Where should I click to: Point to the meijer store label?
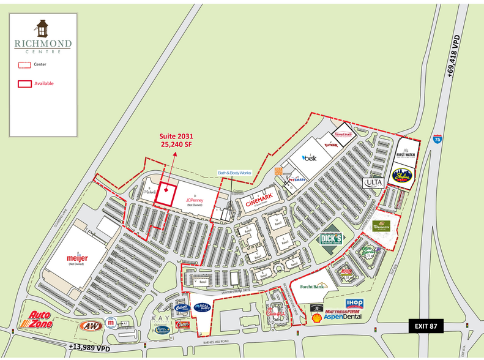(78, 258)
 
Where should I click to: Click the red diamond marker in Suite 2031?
(165, 191)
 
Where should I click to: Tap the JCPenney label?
(194, 200)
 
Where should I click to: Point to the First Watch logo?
(406, 151)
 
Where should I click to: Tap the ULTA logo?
(373, 182)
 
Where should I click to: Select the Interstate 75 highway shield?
(437, 138)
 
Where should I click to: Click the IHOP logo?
(354, 303)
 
